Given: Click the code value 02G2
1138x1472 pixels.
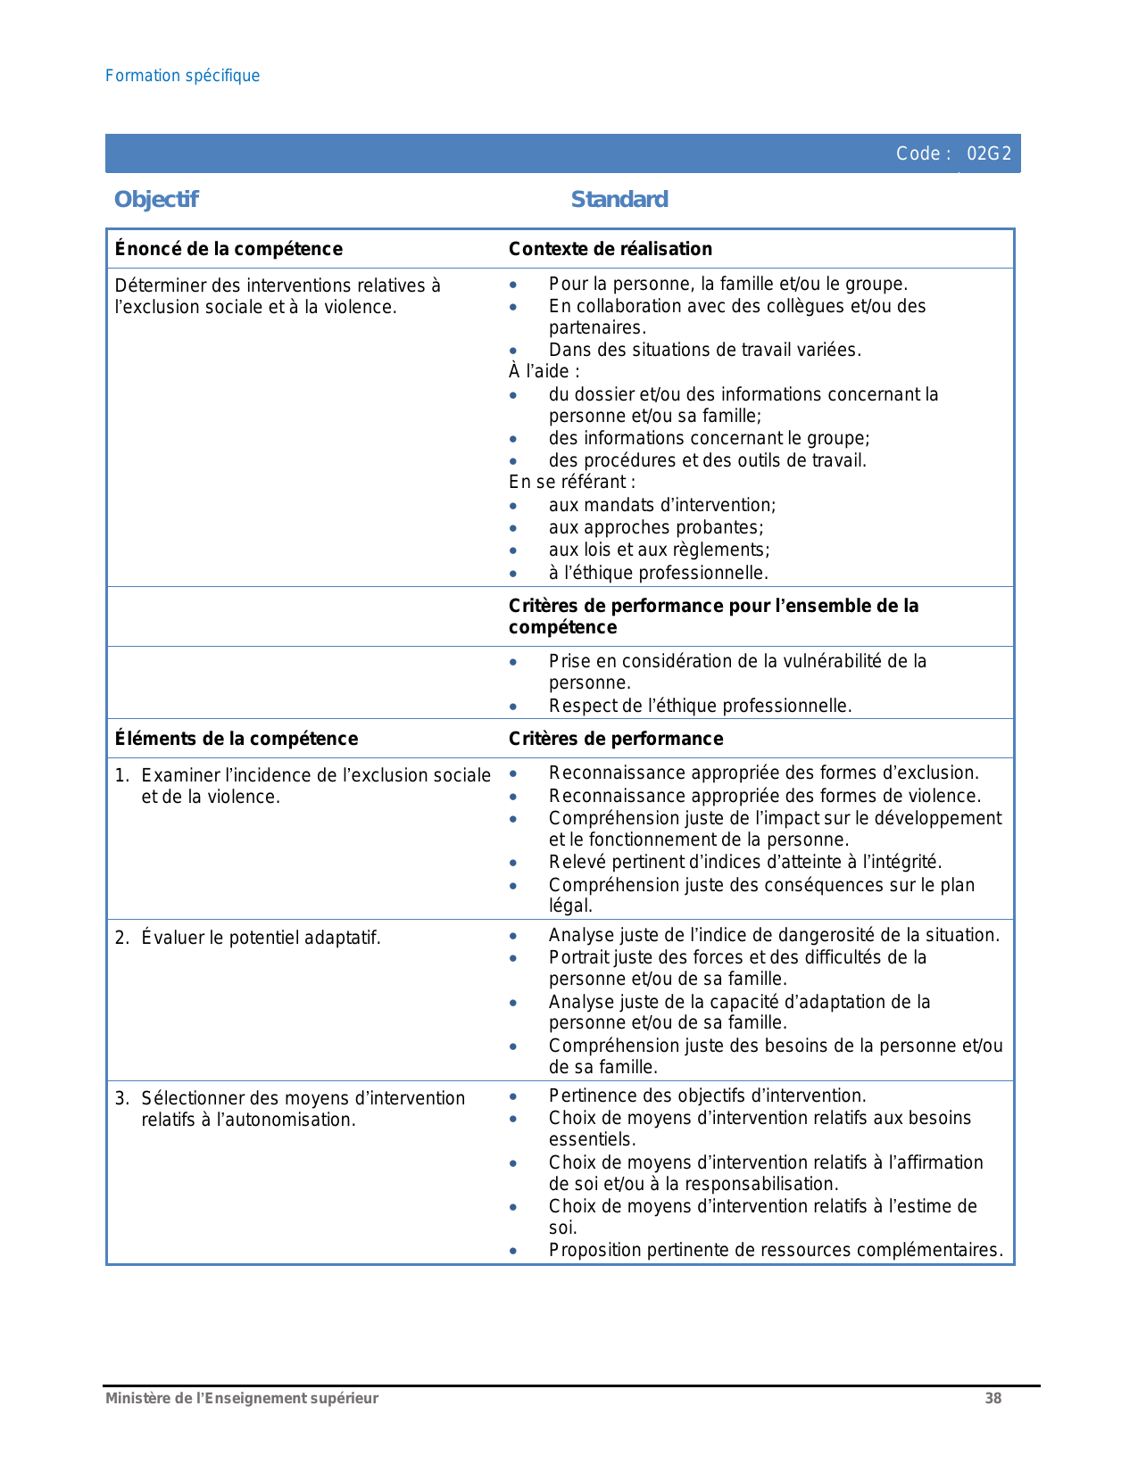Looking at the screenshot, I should coord(989,154).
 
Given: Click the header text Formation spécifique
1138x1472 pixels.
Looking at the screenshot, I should coord(182,76).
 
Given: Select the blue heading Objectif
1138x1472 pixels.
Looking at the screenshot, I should coord(156,200).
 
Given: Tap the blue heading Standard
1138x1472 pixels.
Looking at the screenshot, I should coord(619,200).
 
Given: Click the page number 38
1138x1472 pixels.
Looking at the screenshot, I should coord(993,1399).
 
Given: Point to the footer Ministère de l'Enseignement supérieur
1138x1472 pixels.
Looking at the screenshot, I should coord(242,1399).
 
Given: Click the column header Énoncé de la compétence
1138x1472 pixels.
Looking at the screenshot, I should coord(228,249).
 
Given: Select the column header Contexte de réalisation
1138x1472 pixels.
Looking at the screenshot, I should coord(611,249).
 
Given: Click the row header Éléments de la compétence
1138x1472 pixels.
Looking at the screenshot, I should coord(237,739).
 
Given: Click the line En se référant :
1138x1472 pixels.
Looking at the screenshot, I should coord(572,483).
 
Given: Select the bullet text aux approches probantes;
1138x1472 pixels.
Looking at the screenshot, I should coord(656,528).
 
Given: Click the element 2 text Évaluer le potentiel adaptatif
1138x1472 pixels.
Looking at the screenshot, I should coord(261,939).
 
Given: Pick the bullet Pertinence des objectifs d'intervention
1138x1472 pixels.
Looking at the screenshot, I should coord(707,1096).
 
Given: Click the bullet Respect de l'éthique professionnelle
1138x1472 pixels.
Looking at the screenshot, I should coord(700,707).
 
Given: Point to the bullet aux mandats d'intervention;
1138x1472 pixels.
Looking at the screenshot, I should coord(662,506).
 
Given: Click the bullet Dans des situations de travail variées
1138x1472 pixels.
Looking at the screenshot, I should coord(704,351).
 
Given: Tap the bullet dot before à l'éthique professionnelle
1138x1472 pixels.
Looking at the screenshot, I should coord(513,574).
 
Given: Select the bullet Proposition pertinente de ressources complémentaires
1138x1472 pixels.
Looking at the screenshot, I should coord(776,1251).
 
